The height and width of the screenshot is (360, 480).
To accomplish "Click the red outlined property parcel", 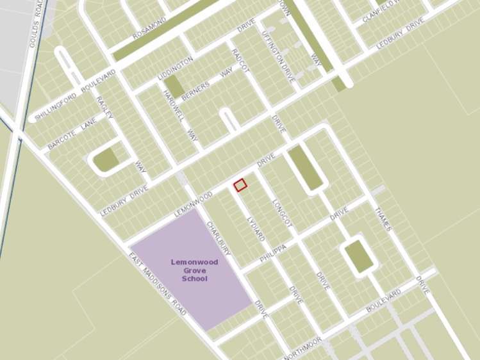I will click(240, 185).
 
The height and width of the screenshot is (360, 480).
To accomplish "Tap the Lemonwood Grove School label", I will click(195, 270).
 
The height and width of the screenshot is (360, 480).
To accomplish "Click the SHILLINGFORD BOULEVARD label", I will click(76, 95).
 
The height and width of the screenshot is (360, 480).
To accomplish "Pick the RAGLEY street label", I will click(104, 107).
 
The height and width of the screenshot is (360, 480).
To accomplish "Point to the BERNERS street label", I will click(195, 92).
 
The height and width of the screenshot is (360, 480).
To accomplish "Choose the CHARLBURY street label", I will click(219, 239).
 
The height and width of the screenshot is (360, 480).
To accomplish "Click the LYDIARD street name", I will click(256, 227).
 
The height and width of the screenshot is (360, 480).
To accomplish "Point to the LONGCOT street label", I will click(282, 212).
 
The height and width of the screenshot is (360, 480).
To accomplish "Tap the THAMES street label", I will click(383, 219).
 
